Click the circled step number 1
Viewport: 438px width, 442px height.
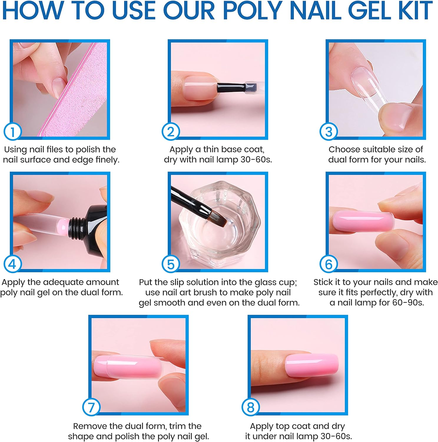12,132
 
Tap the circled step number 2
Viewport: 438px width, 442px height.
170,132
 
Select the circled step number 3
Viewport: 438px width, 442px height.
328,132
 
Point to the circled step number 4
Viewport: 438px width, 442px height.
12,264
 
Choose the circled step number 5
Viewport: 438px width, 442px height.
170,264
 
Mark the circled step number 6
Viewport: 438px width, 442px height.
328,264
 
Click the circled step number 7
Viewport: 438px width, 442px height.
91,408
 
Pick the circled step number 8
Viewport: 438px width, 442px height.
250,408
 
